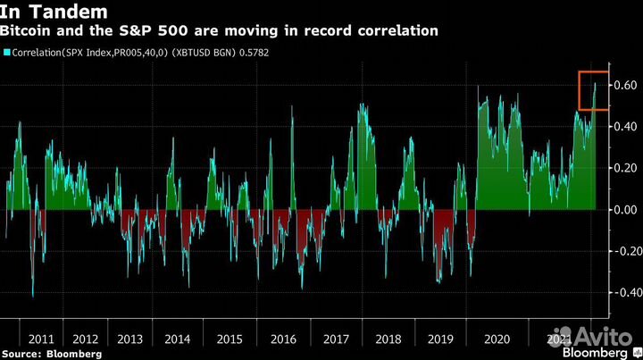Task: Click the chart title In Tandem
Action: (x=54, y=13)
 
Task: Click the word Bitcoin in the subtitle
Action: (x=29, y=31)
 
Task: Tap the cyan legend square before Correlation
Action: (x=7, y=53)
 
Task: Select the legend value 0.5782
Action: (x=252, y=53)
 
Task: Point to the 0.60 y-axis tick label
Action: (x=625, y=85)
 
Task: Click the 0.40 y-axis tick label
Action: (x=625, y=127)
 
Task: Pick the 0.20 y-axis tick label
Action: (x=625, y=168)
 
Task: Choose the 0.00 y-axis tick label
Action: (x=625, y=209)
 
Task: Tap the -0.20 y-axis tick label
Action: (x=623, y=251)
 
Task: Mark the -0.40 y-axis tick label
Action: (x=623, y=292)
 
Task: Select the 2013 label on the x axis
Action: (x=130, y=339)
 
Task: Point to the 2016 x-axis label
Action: (x=283, y=339)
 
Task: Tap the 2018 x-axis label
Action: (x=388, y=339)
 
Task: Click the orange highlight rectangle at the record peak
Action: (x=593, y=90)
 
